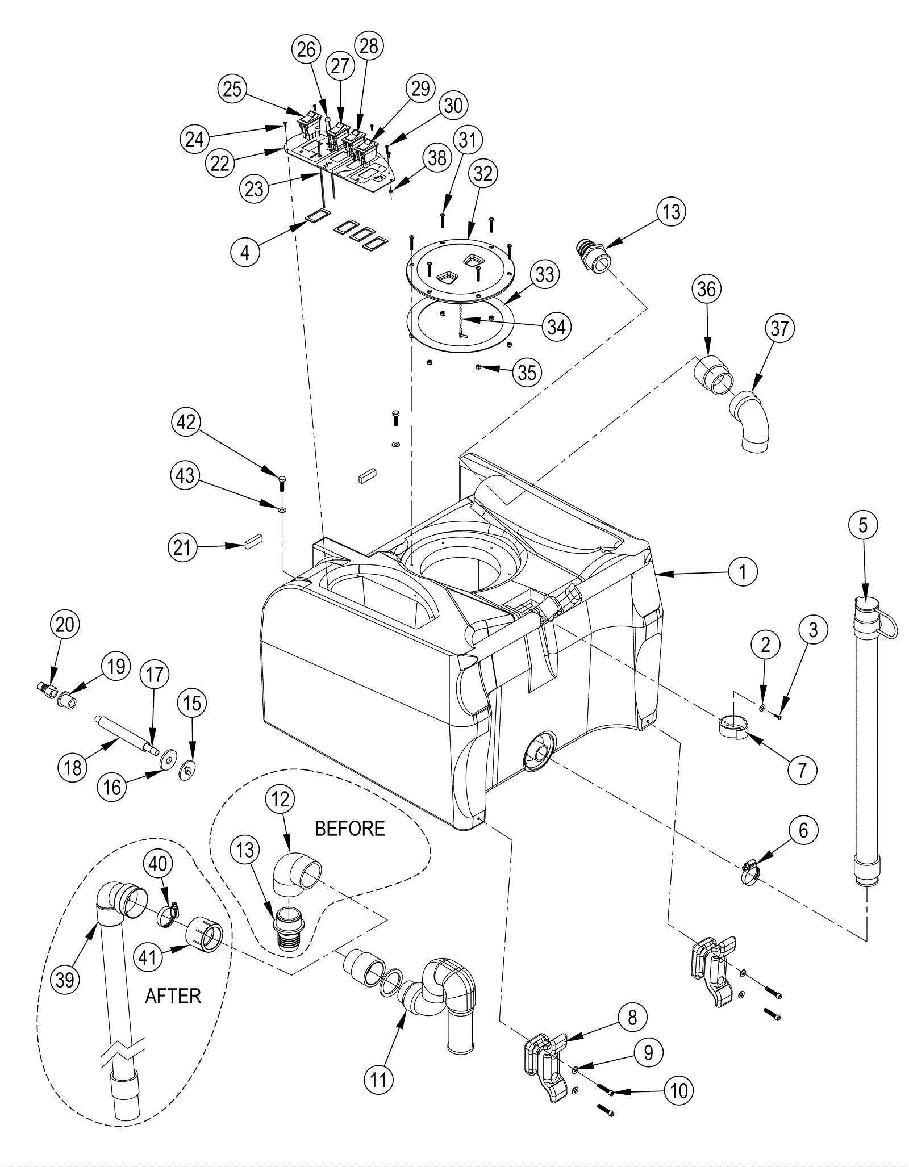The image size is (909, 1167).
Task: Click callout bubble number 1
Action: tap(743, 571)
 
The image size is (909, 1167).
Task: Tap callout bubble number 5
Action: tap(863, 525)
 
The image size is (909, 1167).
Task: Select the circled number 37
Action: tap(779, 328)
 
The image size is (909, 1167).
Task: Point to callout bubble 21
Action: tap(182, 548)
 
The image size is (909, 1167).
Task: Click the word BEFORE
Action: tap(349, 829)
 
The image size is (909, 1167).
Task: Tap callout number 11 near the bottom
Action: tap(378, 1080)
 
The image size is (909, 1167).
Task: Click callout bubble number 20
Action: tap(65, 625)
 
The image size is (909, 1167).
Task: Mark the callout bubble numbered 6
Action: tap(803, 831)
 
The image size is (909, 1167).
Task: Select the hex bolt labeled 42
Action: tap(282, 484)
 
